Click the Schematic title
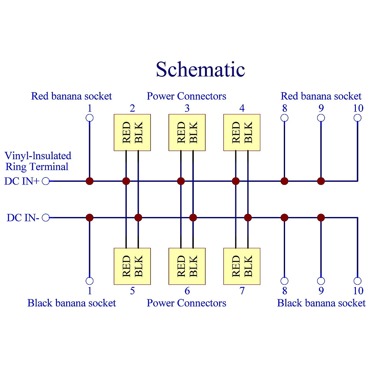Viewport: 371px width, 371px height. click(200, 70)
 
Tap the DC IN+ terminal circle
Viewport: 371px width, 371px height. click(46, 181)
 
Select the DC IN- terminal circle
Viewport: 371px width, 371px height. click(46, 218)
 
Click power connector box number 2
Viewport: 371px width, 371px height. click(132, 132)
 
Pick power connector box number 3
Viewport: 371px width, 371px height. click(187, 132)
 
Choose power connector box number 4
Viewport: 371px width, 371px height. click(242, 132)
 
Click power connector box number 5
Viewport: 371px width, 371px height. click(132, 266)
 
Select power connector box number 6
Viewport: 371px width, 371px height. click(187, 266)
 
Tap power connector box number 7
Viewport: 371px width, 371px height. click(242, 266)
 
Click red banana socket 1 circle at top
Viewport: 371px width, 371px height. click(90, 118)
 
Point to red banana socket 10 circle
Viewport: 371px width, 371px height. click(357, 118)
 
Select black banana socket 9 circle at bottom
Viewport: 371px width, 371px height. click(321, 281)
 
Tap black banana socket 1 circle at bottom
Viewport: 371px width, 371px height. click(90, 281)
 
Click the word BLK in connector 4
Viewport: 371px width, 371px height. click(248, 132)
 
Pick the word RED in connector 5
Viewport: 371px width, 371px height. click(126, 266)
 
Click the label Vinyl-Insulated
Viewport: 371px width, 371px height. click(38, 156)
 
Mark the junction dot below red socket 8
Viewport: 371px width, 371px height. click(284, 181)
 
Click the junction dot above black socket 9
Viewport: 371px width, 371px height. click(321, 218)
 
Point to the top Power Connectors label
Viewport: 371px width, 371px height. click(186, 96)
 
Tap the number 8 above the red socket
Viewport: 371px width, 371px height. click(285, 108)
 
